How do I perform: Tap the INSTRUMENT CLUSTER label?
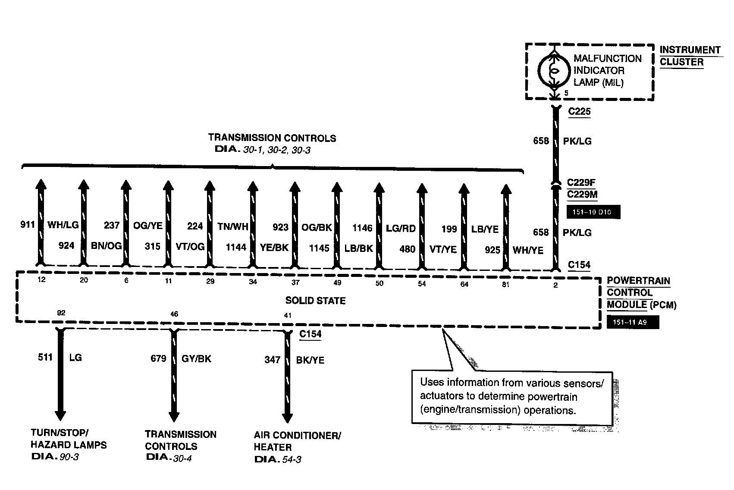pyautogui.click(x=690, y=56)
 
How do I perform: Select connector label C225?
pyautogui.click(x=579, y=112)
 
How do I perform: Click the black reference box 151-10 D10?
pyautogui.click(x=593, y=212)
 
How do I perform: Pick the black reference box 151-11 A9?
pyautogui.click(x=632, y=322)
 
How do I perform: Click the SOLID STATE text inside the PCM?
pyautogui.click(x=315, y=301)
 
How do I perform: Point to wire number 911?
pyautogui.click(x=28, y=224)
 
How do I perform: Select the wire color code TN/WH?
pyautogui.click(x=233, y=226)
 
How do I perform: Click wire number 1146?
pyautogui.click(x=362, y=228)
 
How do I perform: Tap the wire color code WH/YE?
pyautogui.click(x=528, y=250)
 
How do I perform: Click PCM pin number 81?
pyautogui.click(x=506, y=284)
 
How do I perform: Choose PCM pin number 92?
pyautogui.click(x=61, y=313)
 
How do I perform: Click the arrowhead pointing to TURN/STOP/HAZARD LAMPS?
pyautogui.click(x=60, y=415)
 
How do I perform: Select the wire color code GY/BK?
pyautogui.click(x=197, y=358)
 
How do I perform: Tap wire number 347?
pyautogui.click(x=273, y=360)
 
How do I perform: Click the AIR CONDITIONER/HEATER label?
pyautogui.click(x=297, y=441)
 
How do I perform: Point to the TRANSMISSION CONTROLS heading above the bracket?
pyautogui.click(x=272, y=138)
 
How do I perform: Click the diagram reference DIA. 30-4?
pyautogui.click(x=169, y=458)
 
